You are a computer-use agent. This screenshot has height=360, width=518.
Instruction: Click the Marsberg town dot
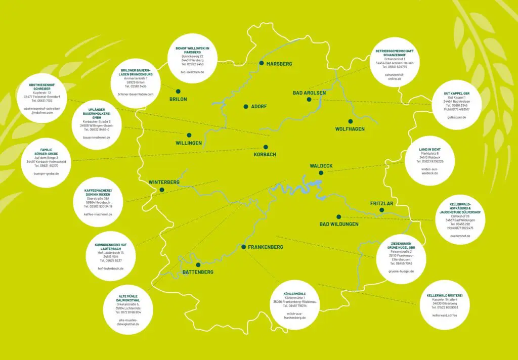pyautogui.click(x=262, y=63)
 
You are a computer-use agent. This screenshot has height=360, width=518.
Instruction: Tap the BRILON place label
pyautogui.click(x=178, y=99)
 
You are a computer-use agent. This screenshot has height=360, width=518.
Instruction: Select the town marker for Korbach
pyautogui.click(x=266, y=148)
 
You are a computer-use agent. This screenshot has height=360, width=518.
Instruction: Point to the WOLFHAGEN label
pyautogui.click(x=350, y=129)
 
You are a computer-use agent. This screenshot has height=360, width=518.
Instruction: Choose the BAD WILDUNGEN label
pyautogui.click(x=339, y=224)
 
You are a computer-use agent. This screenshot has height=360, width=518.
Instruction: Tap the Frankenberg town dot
pyautogui.click(x=243, y=247)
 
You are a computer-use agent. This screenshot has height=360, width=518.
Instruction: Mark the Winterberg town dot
pyautogui.click(x=162, y=190)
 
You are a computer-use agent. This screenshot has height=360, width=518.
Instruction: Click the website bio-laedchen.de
pyautogui.click(x=192, y=72)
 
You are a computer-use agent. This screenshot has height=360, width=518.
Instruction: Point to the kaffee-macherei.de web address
pyautogui.click(x=98, y=214)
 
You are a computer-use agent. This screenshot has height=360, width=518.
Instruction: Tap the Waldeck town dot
pyautogui.click(x=321, y=172)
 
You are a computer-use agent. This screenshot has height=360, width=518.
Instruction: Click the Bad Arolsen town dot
pyautogui.click(x=309, y=100)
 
